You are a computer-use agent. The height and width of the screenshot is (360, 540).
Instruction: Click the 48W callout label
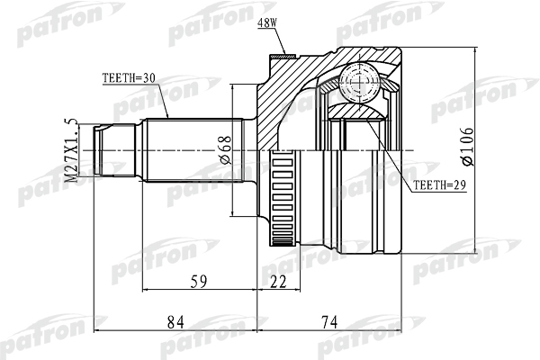click(x=267, y=23)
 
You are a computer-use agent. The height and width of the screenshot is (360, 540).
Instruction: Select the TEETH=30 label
click(x=129, y=78)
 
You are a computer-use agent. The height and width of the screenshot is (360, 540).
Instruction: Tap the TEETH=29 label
click(x=439, y=185)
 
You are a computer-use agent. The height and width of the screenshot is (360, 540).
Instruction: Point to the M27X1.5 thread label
click(x=70, y=150)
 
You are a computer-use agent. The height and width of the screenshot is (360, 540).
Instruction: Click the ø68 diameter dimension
click(x=226, y=150)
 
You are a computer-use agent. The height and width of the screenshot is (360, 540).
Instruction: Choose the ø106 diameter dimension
click(x=468, y=147)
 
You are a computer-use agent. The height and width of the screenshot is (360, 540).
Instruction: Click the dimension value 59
click(x=199, y=282)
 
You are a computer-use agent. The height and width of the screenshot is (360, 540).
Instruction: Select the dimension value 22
click(x=278, y=282)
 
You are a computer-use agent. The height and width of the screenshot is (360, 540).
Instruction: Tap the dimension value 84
click(x=175, y=322)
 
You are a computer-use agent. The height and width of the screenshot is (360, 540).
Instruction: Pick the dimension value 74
click(x=329, y=322)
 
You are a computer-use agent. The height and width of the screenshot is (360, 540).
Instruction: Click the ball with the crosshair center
click(x=359, y=82)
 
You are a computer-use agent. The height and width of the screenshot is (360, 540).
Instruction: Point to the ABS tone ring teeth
click(x=282, y=198)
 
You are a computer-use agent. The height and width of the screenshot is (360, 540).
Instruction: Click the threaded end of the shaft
click(x=114, y=150)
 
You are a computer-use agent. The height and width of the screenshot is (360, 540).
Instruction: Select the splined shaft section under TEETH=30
click(x=193, y=150)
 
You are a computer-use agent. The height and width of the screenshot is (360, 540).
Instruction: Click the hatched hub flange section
click(x=275, y=103)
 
